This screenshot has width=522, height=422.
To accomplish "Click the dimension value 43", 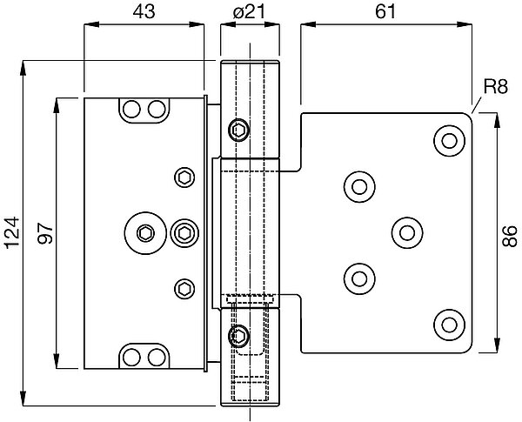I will pos(144,12).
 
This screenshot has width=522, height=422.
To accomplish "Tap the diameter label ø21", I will pos(249,12).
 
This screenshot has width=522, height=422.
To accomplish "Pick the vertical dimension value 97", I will pos(45,232).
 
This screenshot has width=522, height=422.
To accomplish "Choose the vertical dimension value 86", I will pos(511,232).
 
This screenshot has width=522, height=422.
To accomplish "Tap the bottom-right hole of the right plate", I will pos(450,325).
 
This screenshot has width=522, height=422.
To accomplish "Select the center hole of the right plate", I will pos(405,231).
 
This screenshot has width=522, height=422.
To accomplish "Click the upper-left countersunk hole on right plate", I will pos(358,185).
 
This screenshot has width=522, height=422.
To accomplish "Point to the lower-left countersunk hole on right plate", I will pos(358,278).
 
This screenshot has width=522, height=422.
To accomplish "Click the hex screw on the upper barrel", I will pos(238,131).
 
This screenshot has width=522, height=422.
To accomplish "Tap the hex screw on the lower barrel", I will pos(238,335).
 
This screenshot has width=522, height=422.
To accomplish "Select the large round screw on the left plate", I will pos(145,232).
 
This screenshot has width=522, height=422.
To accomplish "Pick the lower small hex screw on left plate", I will pos(184,287).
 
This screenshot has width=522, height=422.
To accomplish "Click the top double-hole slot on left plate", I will pos(144,109).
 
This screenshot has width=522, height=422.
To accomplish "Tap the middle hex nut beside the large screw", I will pos(183,232).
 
